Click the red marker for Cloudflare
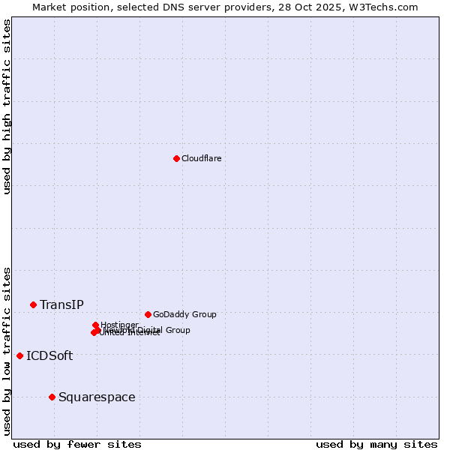click(176, 158)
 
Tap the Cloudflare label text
click(201, 158)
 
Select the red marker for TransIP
click(33, 304)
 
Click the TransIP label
click(61, 304)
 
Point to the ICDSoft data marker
click(19, 355)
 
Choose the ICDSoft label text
click(49, 355)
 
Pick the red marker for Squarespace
click(52, 397)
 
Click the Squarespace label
click(97, 397)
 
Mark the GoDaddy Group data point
click(148, 314)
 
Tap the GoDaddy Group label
click(184, 314)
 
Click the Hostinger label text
click(119, 325)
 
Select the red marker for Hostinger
click(95, 325)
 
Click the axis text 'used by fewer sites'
click(77, 444)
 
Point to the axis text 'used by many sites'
click(376, 444)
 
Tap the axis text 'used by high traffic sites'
click(7, 106)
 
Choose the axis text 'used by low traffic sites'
click(7, 350)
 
